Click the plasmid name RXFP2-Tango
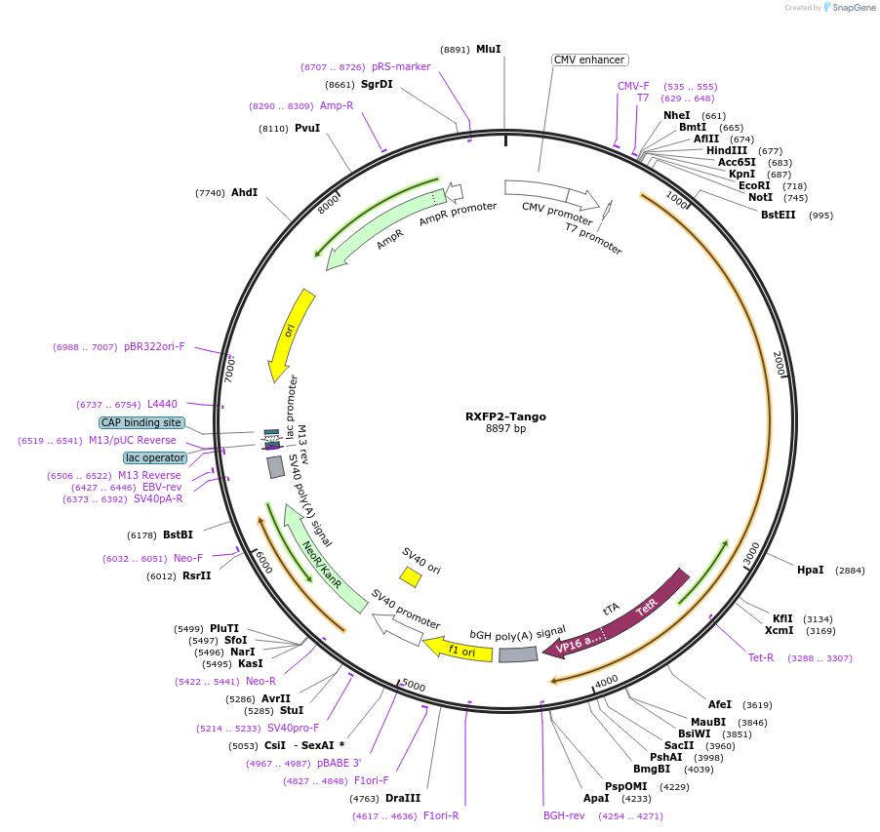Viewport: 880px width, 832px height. point(505,416)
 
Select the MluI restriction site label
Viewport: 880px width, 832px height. point(488,49)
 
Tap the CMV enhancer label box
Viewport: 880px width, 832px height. point(589,59)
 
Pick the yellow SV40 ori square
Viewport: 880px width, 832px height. point(411,577)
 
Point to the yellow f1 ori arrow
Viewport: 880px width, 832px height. point(460,649)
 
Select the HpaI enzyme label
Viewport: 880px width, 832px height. point(810,570)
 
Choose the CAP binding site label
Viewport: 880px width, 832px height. point(140,422)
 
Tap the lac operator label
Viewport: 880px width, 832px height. point(154,457)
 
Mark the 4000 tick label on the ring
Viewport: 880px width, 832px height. point(606,679)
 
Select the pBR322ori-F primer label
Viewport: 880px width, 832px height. point(154,346)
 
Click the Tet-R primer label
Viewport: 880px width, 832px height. point(761,657)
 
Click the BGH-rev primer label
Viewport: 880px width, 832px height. point(564,815)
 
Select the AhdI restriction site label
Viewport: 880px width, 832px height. point(244,192)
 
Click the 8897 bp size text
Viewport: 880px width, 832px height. point(505,429)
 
